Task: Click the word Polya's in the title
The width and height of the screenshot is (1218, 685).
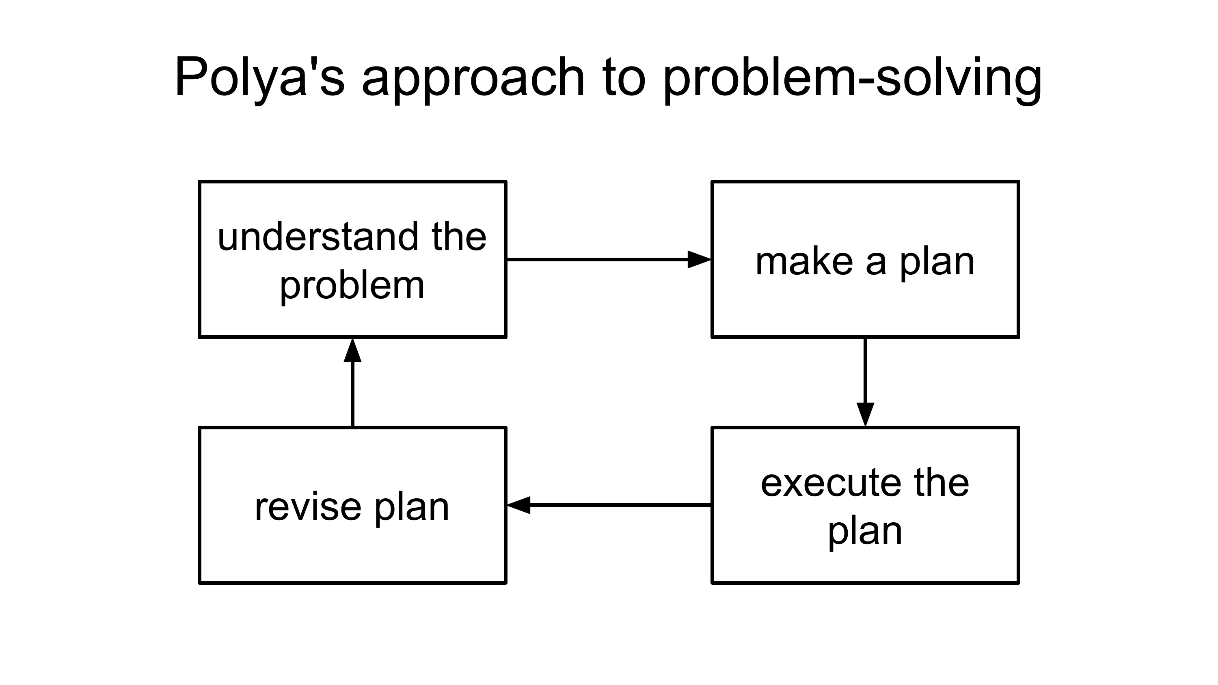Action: click(x=260, y=78)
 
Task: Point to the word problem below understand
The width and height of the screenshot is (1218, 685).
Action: click(x=352, y=286)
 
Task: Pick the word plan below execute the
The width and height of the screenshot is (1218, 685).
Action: click(x=865, y=533)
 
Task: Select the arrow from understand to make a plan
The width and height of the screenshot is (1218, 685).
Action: click(x=609, y=260)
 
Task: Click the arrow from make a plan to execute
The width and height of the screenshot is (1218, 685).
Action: click(x=865, y=382)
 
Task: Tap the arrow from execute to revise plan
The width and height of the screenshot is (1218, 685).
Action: click(x=609, y=505)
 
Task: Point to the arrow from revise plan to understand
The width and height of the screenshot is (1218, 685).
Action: click(x=353, y=382)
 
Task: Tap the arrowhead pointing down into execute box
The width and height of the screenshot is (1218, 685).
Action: click(x=865, y=415)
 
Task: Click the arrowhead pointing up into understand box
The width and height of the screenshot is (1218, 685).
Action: click(x=353, y=350)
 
